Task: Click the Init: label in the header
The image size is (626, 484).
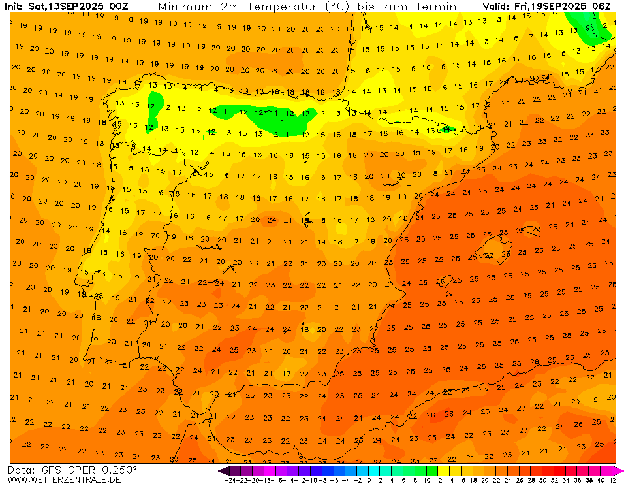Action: pos(14,7)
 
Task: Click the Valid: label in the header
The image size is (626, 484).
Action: pos(495,7)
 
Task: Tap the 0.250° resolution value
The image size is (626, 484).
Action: pos(116,470)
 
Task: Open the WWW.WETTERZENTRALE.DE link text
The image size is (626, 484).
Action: pos(64,479)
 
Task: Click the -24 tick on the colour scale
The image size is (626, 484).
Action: pos(230,480)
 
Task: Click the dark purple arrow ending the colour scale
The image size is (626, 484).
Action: pos(223,470)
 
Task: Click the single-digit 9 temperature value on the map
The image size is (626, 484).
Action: pos(589,28)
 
